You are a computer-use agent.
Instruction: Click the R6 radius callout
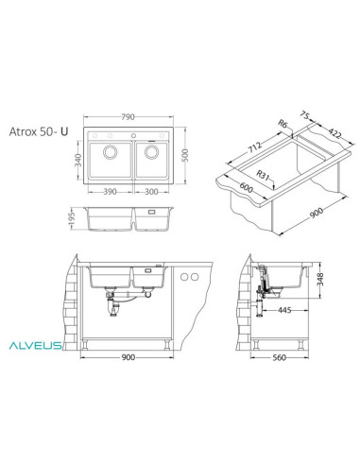[283, 122]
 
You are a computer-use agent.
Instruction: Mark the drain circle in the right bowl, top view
[152, 153]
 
